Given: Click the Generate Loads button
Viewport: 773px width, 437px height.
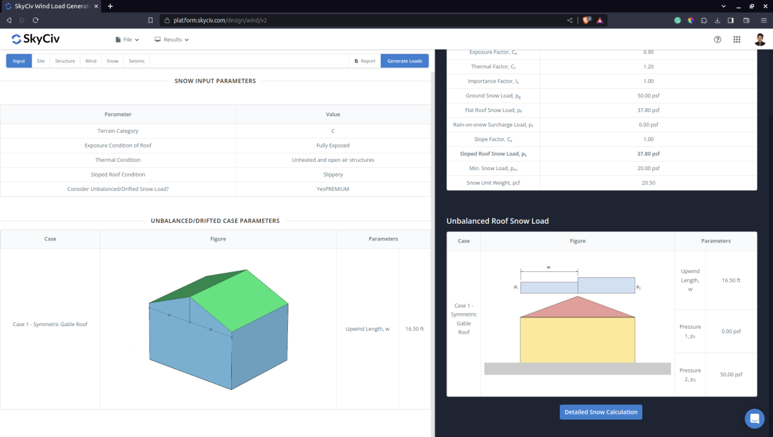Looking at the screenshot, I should pos(405,61).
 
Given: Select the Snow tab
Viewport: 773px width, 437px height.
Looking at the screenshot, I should pos(112,61).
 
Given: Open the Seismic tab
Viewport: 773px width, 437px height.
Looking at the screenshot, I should pos(137,61).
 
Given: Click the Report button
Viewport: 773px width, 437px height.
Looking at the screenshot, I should pos(365,61).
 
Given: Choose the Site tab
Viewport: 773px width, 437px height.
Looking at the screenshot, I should pos(41,61).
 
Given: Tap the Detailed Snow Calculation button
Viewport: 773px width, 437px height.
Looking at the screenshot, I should pos(600,412).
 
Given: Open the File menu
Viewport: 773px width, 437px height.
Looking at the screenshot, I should pos(127,39).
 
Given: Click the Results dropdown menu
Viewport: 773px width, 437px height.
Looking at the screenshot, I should pos(171,39).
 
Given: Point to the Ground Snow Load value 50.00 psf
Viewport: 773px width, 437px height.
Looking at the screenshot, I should pos(648,96).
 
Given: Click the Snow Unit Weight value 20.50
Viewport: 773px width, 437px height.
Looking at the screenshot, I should pos(648,183).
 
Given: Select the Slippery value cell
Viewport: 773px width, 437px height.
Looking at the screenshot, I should pos(332,175).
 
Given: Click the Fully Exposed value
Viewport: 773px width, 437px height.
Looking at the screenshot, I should pos(332,146).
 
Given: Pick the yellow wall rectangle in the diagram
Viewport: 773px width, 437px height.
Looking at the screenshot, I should pos(578,340).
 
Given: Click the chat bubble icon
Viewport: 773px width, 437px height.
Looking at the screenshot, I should pos(754,418).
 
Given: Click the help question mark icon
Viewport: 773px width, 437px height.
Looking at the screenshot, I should pos(718,39).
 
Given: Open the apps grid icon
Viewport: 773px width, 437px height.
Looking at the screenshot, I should pos(737,39).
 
